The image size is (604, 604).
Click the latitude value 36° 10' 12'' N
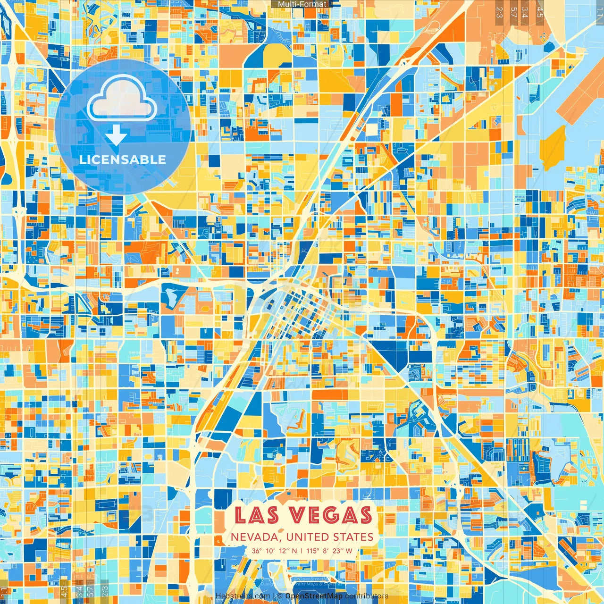click(274, 551)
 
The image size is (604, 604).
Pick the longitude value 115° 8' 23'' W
click(329, 551)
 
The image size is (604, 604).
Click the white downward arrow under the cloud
click(116, 135)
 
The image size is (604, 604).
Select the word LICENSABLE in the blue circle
click(123, 159)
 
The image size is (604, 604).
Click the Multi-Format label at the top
click(302, 4)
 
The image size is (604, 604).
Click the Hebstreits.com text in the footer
click(243, 596)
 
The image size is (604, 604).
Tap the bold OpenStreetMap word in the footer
click(314, 596)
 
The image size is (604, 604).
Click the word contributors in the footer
click(367, 596)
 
